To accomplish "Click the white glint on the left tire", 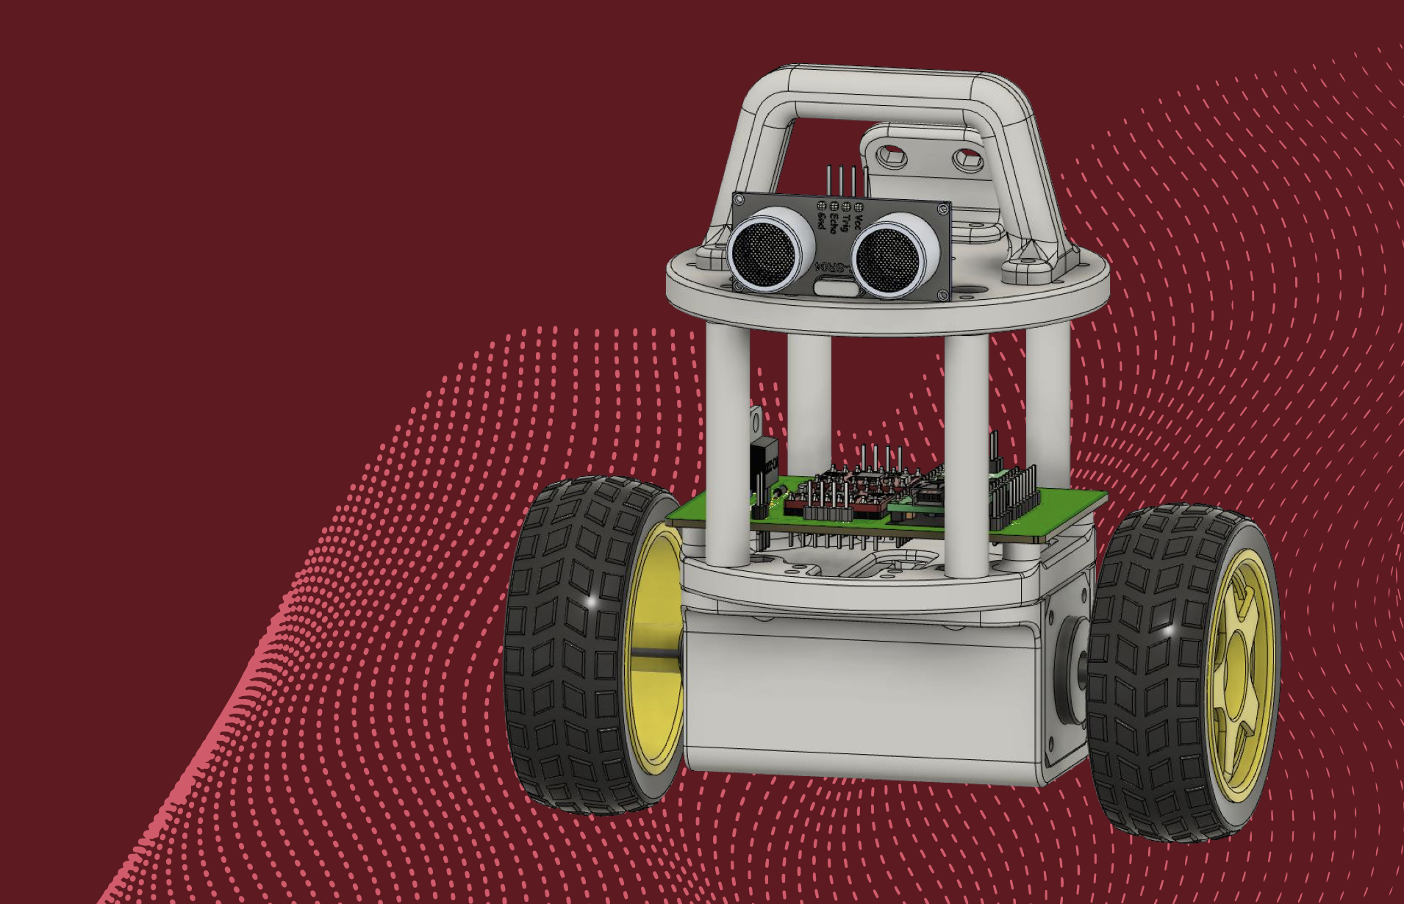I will (592, 602).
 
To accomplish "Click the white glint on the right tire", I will (1169, 630).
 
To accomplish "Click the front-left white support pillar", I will (728, 448).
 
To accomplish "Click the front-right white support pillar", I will (965, 456).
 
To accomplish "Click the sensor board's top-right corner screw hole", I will (944, 209).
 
